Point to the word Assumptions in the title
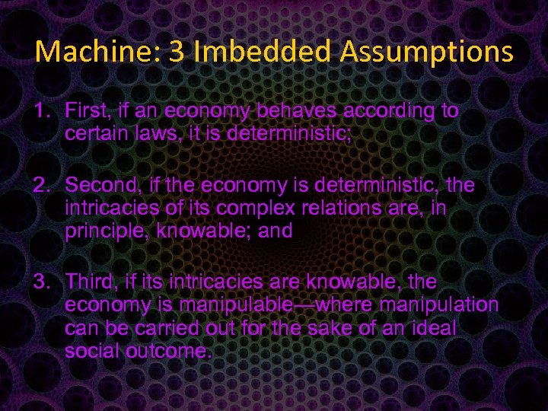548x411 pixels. point(427,51)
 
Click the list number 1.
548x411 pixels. point(40,111)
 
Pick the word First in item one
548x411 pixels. point(85,111)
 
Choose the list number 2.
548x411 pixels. point(40,185)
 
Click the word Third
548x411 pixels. point(88,282)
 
